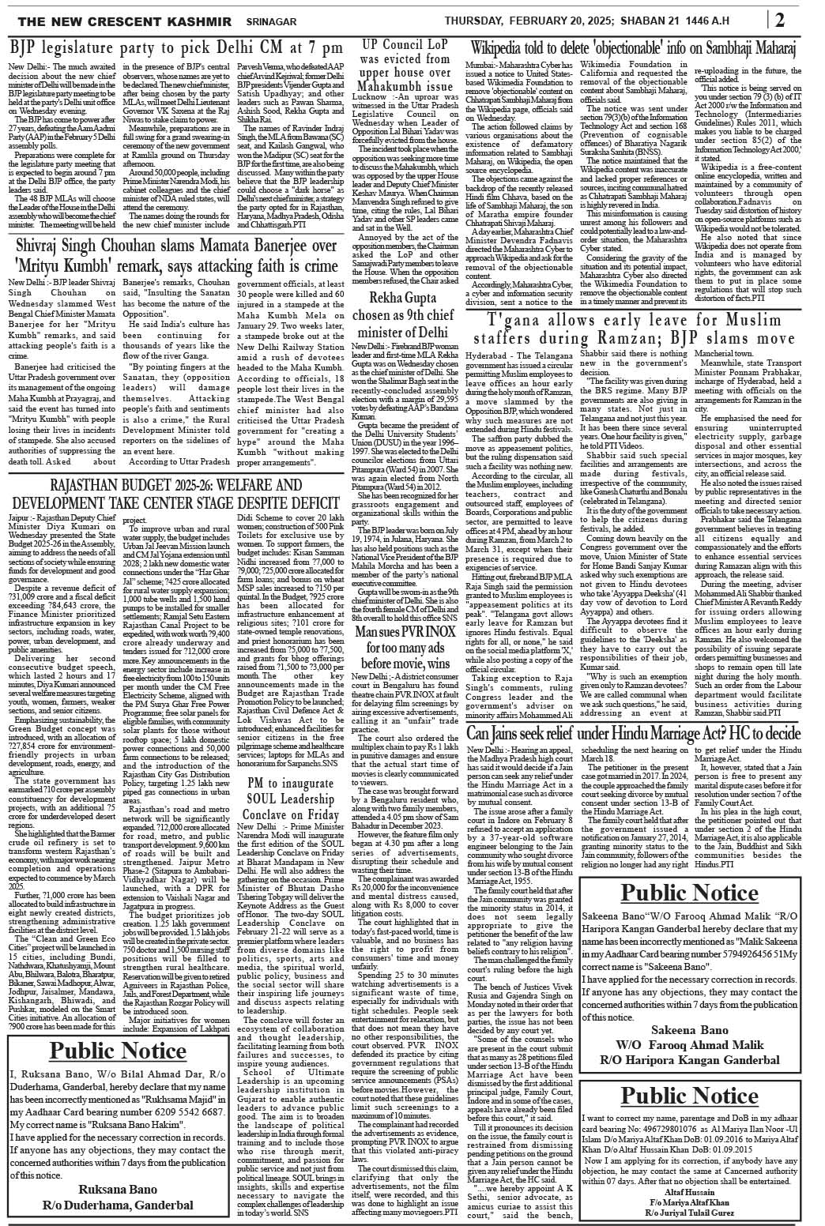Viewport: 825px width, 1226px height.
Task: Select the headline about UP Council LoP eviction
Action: [407, 65]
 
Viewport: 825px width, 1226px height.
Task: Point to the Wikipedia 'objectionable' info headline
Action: [640, 47]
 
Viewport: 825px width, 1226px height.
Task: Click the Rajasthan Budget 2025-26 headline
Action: [175, 495]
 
